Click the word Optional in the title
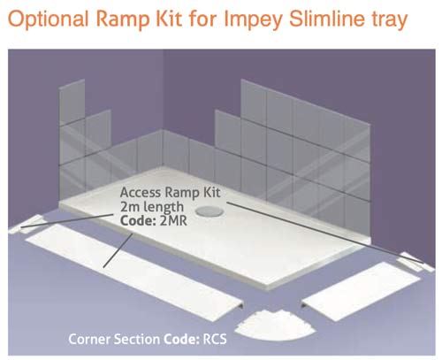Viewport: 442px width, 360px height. pyautogui.click(x=48, y=19)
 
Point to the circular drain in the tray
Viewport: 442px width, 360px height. pyautogui.click(x=210, y=211)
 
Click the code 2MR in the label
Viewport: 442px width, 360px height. pyautogui.click(x=173, y=220)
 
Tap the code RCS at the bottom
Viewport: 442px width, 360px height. pyautogui.click(x=215, y=339)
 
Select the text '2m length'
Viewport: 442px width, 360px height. pyautogui.click(x=152, y=207)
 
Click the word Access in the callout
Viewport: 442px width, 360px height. pyautogui.click(x=141, y=193)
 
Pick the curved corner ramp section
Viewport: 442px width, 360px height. pyautogui.click(x=275, y=326)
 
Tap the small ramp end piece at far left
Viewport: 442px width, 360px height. pyautogui.click(x=25, y=224)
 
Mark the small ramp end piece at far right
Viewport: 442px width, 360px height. pyautogui.click(x=415, y=262)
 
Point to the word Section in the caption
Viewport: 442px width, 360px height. pyautogui.click(x=137, y=339)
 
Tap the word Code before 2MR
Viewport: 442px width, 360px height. pyautogui.click(x=138, y=220)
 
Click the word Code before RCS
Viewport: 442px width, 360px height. pyautogui.click(x=182, y=339)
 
